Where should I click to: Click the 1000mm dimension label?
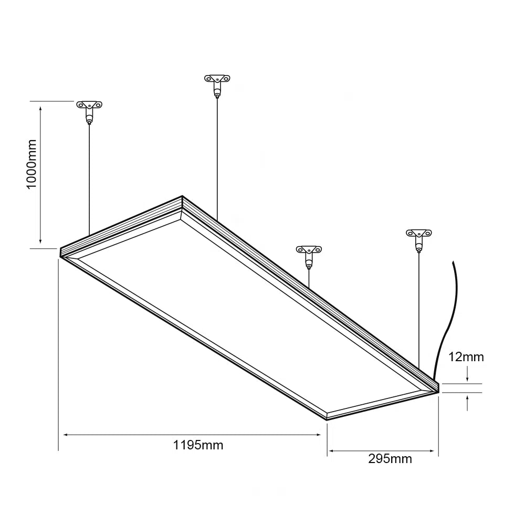pyautogui.click(x=31, y=164)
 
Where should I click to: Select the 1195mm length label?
pyautogui.click(x=198, y=445)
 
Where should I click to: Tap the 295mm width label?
pyautogui.click(x=390, y=459)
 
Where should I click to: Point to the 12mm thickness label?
pyautogui.click(x=466, y=358)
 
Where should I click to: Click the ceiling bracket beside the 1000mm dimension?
pyautogui.click(x=89, y=107)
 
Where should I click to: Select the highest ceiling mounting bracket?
pyautogui.click(x=217, y=81)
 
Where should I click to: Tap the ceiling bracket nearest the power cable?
pyautogui.click(x=418, y=234)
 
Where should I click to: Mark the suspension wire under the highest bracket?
pyautogui.click(x=217, y=157)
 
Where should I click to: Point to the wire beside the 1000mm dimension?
pyautogui.click(x=89, y=178)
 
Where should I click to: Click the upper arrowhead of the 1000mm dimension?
pyautogui.click(x=40, y=107)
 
